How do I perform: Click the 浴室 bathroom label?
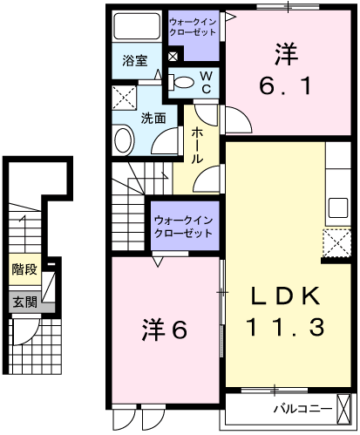(134, 61)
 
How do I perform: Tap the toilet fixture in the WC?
(184, 82)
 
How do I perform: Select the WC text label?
(207, 82)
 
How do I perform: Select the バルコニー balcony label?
(302, 408)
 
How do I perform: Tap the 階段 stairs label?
(24, 269)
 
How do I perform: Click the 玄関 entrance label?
(24, 302)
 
